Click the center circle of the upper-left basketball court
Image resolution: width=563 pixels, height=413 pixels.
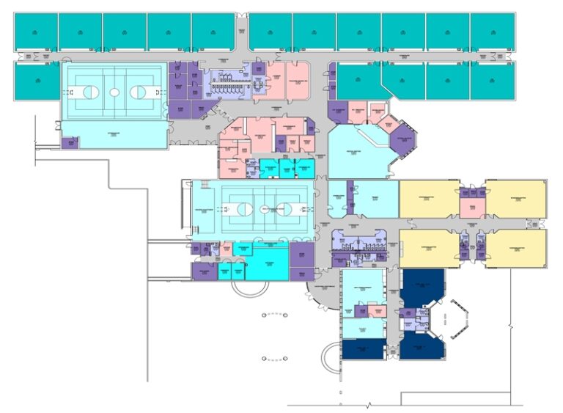[x=114, y=92]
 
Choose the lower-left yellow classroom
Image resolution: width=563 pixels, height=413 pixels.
[x=429, y=248]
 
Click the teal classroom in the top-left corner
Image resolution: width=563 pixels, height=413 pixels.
[x=36, y=32]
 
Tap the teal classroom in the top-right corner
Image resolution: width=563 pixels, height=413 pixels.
[x=493, y=32]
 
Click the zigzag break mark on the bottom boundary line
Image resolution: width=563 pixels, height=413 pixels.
[x=369, y=404]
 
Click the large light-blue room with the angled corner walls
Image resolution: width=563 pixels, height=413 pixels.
[x=356, y=153]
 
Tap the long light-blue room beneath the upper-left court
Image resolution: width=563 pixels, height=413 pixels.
[x=114, y=136]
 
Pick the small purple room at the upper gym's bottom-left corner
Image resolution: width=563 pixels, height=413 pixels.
[x=70, y=142]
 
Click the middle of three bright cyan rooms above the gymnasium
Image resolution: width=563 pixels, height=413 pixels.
[x=285, y=168]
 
